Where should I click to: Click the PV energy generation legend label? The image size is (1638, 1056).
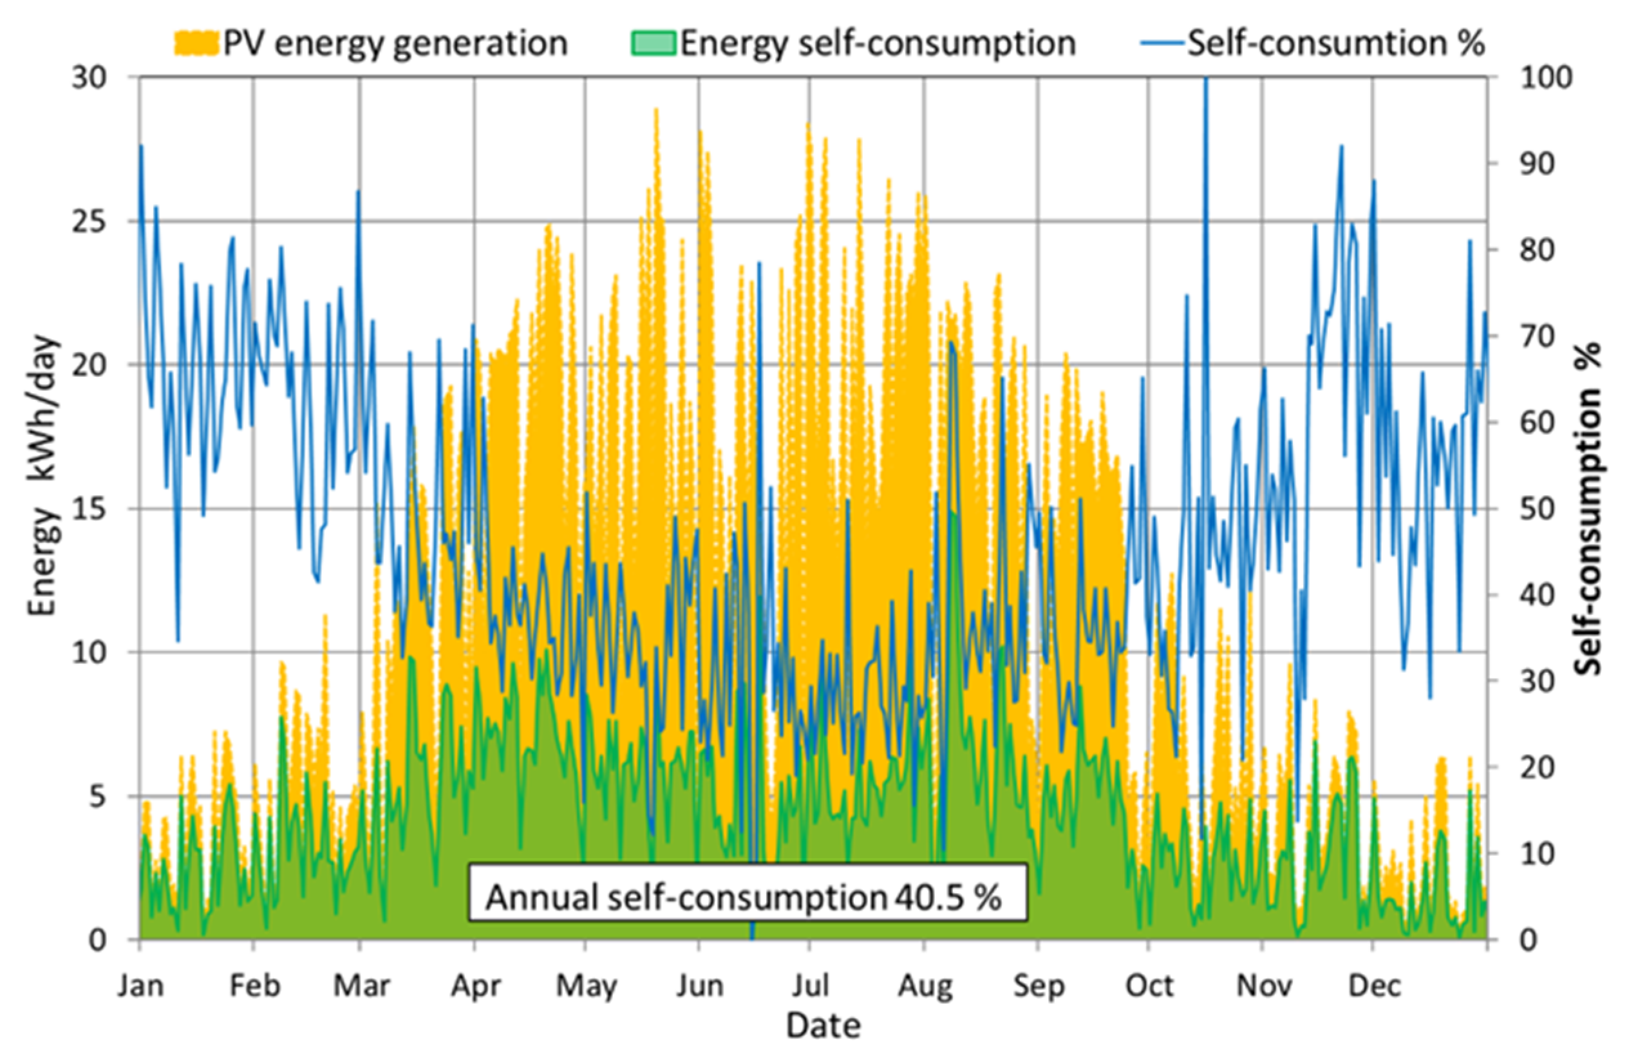click(395, 43)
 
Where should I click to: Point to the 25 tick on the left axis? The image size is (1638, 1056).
click(89, 222)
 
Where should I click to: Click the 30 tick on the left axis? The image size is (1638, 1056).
click(89, 77)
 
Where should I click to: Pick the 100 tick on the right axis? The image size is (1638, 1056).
click(1546, 77)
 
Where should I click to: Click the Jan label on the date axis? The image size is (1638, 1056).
click(140, 986)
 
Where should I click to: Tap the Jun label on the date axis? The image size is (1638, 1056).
click(699, 986)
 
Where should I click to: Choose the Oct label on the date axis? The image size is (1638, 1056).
click(1149, 986)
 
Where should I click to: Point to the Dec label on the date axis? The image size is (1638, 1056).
click(1373, 986)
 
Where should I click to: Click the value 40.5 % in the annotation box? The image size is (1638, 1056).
click(948, 898)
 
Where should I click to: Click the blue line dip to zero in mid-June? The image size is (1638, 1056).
click(752, 937)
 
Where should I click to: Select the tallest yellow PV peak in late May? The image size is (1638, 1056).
click(656, 109)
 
